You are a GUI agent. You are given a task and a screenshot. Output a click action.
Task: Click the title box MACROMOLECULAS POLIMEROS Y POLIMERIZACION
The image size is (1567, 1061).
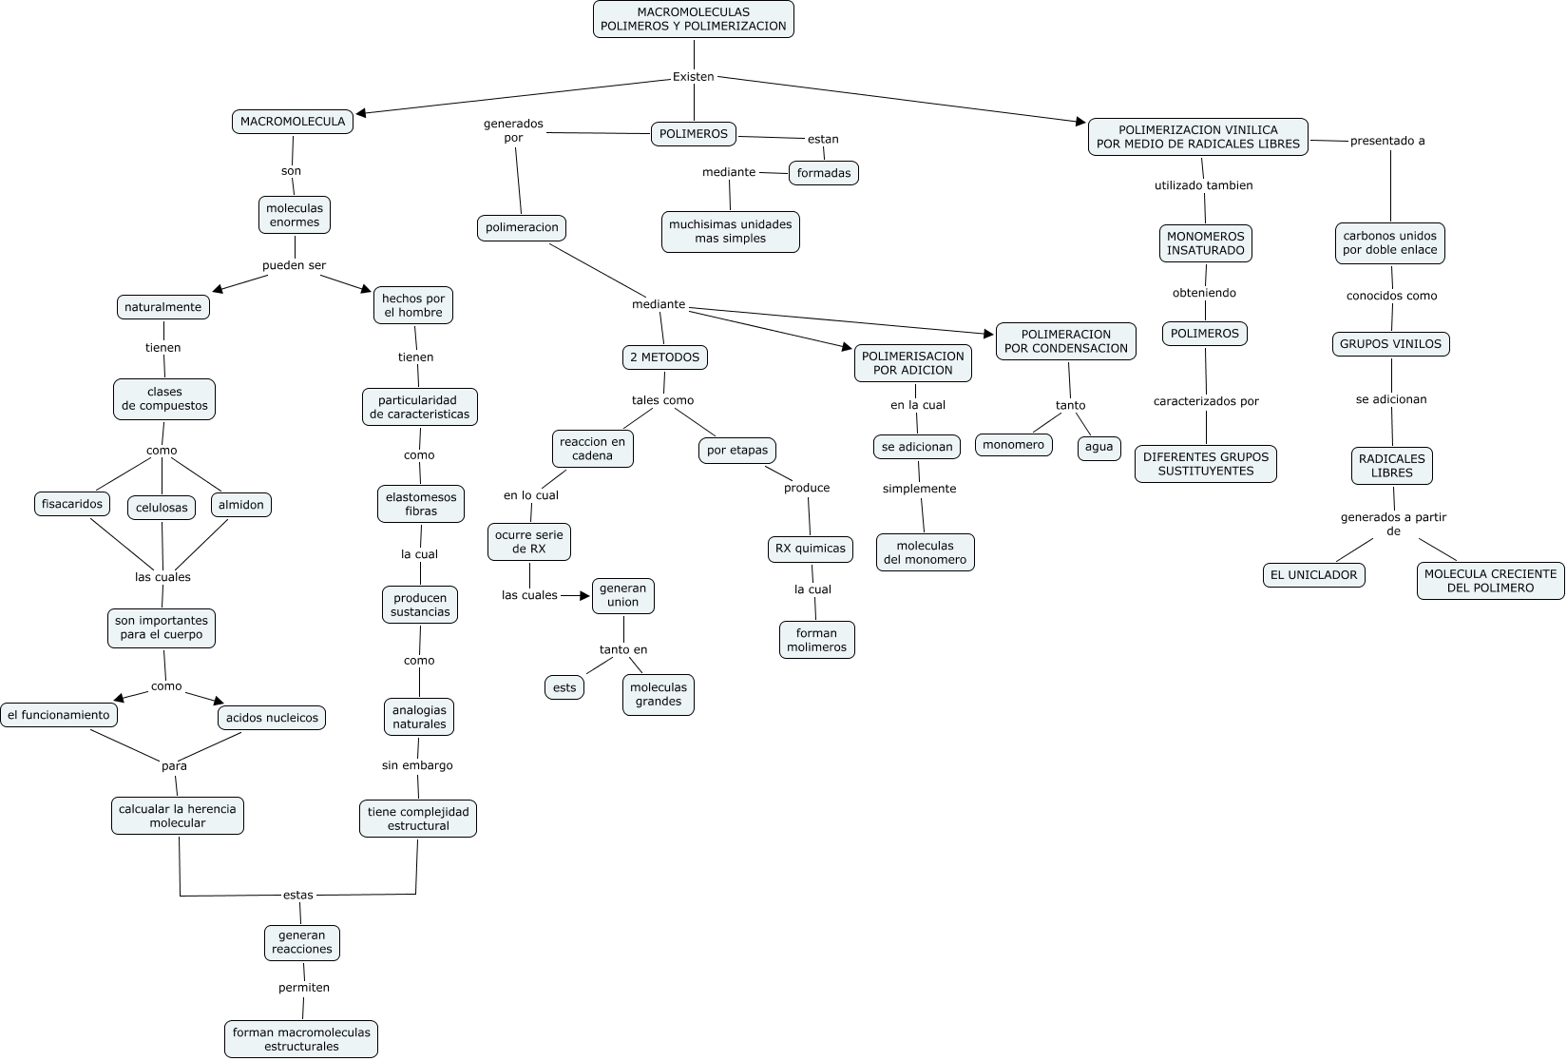point(693,19)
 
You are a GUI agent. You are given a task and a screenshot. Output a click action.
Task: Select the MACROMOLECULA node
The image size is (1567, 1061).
point(293,122)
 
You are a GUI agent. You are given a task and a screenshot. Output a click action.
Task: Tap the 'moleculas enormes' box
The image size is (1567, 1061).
point(295,215)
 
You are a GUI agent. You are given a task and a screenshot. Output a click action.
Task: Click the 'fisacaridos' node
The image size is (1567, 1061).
point(72,504)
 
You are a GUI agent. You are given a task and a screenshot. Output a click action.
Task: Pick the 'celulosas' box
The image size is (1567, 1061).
point(162,508)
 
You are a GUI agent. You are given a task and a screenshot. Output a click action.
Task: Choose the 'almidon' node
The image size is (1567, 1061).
point(241,505)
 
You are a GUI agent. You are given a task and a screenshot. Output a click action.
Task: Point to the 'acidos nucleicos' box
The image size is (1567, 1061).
point(272,718)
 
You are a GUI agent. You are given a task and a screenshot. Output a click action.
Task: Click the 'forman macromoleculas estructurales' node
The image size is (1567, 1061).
point(301,1039)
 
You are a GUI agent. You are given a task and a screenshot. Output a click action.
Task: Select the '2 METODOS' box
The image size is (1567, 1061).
point(664,357)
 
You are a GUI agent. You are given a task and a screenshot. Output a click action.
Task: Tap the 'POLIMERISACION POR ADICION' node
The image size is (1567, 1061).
point(912,363)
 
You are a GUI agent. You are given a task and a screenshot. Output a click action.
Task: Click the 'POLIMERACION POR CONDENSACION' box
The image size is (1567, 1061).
point(1065,341)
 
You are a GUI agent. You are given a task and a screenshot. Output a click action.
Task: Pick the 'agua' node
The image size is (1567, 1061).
point(1099,447)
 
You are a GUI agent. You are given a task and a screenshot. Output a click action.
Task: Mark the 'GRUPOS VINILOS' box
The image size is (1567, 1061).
point(1390,344)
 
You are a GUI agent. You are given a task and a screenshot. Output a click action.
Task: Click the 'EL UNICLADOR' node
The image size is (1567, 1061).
point(1313,575)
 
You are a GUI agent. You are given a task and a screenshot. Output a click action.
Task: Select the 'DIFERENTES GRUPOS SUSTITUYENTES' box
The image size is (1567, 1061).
point(1205,464)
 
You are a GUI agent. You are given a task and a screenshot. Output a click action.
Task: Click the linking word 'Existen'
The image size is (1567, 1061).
point(693,77)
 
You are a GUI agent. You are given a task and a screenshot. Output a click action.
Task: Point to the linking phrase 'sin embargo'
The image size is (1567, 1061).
point(417,765)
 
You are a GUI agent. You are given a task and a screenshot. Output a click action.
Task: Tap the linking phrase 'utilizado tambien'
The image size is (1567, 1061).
point(1203,185)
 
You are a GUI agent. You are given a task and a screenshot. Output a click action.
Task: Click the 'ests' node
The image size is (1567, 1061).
point(564,687)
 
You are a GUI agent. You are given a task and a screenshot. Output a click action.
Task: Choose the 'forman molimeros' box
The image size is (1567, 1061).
point(816,640)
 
